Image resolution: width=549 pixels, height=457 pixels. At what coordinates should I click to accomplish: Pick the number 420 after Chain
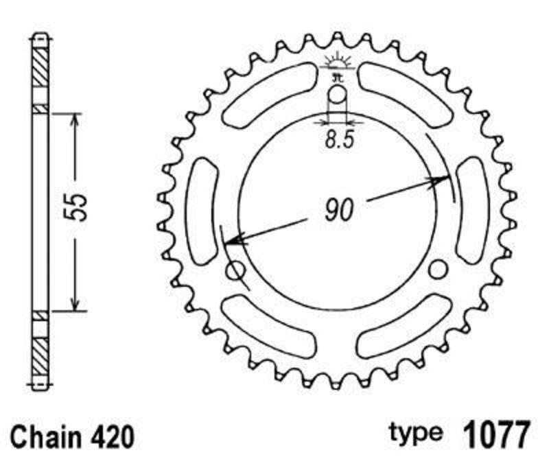pyautogui.click(x=112, y=436)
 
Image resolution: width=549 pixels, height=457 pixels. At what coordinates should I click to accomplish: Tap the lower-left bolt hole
pyautogui.click(x=237, y=270)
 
